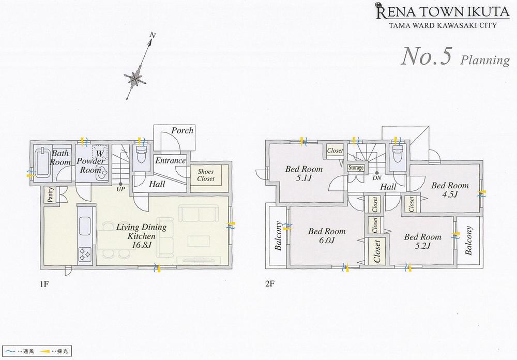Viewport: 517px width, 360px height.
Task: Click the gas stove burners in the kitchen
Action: click(84, 253)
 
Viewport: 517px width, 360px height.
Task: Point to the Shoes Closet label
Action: click(205, 175)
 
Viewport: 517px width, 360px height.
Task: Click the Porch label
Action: click(182, 130)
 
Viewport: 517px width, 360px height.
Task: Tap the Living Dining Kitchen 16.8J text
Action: click(141, 236)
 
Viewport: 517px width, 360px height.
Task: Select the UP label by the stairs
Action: click(120, 189)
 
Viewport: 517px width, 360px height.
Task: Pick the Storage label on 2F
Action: click(356, 168)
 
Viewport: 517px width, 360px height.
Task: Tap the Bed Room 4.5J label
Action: click(450, 190)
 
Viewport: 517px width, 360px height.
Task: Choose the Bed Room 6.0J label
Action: click(327, 236)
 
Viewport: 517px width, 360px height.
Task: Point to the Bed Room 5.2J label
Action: click(422, 242)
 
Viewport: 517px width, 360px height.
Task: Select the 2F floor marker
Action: click(270, 284)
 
